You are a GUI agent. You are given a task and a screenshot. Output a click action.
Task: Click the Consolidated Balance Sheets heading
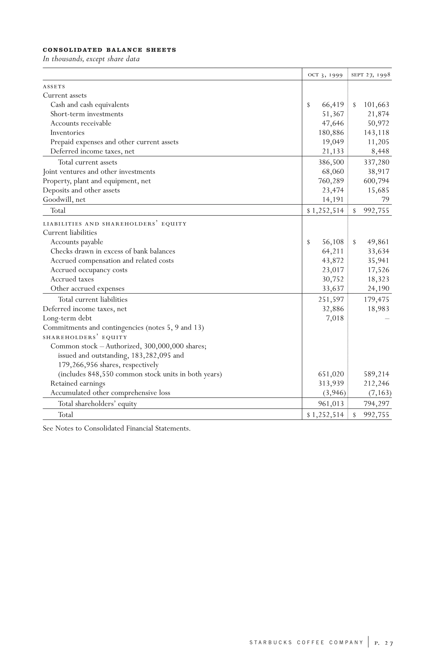coord(109,50)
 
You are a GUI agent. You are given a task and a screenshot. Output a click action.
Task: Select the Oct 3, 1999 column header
coord(325,75)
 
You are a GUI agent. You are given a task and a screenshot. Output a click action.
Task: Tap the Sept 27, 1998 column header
coord(370,75)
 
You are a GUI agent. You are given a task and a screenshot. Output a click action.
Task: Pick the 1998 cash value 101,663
coord(376,105)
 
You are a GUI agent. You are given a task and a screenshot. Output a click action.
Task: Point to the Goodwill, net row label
coord(64,200)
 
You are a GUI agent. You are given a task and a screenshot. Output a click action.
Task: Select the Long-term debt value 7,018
coord(335,318)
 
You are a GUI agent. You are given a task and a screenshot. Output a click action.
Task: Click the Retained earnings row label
coord(78,383)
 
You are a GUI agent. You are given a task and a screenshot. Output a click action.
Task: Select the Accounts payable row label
coord(77,242)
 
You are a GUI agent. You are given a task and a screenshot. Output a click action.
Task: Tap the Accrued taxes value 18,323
coord(378,279)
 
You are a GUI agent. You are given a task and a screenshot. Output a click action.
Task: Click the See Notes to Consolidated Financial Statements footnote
coord(117,428)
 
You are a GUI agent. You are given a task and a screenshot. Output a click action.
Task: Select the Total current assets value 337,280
coord(376,162)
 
